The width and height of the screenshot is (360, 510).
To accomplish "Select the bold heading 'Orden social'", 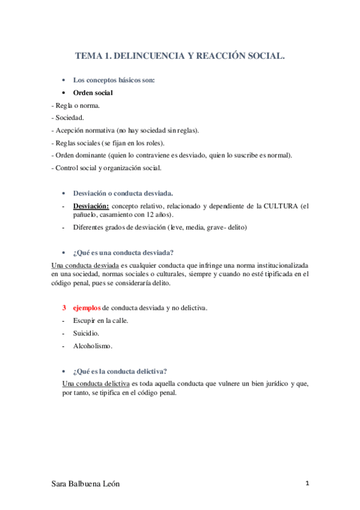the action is coord(93,93).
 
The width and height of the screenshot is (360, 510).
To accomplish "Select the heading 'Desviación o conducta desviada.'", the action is coord(123,193).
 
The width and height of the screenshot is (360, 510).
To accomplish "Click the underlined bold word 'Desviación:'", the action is coord(91,206).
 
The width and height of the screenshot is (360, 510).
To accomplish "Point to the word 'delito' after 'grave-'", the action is coord(236,227).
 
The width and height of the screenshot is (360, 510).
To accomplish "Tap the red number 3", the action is coord(64,308).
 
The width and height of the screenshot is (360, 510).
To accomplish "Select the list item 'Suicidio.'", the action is coord(87,333).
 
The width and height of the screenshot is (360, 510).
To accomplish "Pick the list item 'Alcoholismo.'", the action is coord(93,346).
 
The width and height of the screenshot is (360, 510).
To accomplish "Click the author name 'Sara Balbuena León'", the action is coord(90,485).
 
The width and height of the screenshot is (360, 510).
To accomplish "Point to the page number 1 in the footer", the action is coord(307,484).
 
